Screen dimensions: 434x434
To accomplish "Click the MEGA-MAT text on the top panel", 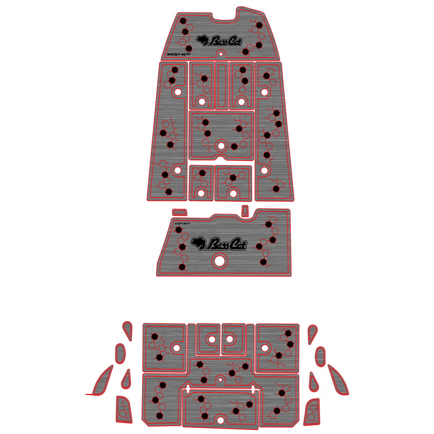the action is [179, 54].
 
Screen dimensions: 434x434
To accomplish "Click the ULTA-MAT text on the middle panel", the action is [182, 224].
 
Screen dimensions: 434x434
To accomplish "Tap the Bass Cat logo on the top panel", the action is [219, 41].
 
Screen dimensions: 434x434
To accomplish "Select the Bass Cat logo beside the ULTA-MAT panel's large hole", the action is [219, 244].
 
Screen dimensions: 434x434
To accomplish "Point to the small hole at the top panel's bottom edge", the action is [221, 54].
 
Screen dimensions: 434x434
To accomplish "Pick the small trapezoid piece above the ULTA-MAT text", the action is [180, 212].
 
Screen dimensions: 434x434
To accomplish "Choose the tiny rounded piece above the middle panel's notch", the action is [245, 210].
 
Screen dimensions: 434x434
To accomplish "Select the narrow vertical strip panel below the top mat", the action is [222, 85].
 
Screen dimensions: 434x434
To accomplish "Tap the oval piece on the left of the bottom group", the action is [120, 353].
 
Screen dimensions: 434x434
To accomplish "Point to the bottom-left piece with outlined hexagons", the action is [124, 410].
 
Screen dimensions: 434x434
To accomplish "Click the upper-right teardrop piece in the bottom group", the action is [312, 334].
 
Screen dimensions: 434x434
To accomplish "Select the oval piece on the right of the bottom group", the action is [320, 357].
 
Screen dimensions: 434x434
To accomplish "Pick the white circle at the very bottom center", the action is [221, 420].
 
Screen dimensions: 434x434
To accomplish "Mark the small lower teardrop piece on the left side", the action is [126, 379].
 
